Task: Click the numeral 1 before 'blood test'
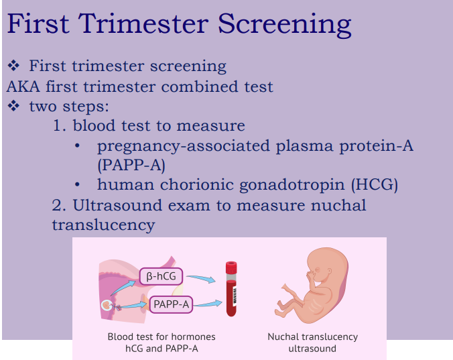click(x=58, y=125)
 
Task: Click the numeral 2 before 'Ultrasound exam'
click(x=58, y=204)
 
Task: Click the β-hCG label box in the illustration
click(x=161, y=276)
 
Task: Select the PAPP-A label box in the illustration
click(x=171, y=305)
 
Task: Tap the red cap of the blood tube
click(x=231, y=267)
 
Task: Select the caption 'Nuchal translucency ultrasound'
click(x=312, y=343)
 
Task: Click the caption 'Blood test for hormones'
click(x=161, y=337)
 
